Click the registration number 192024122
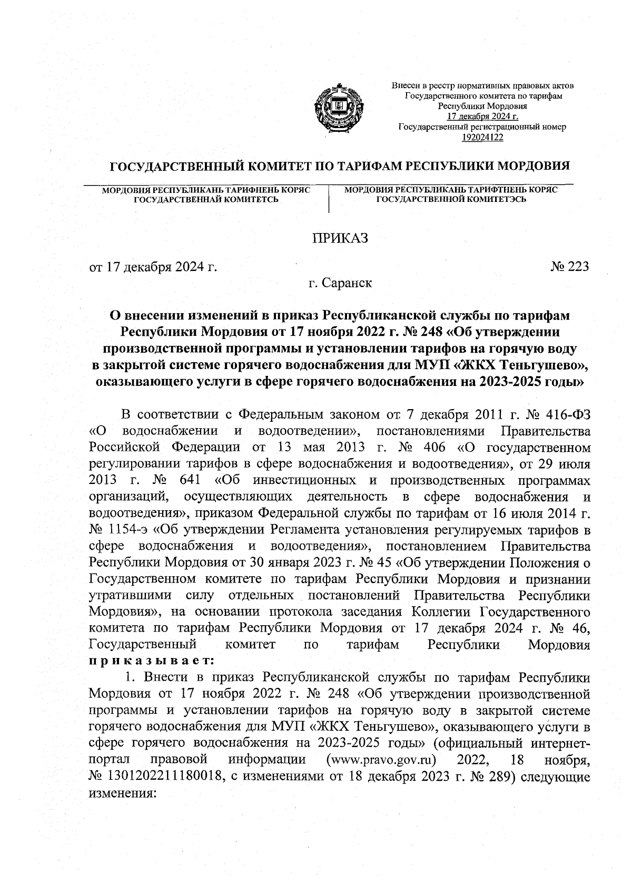click(482, 137)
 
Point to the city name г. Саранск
click(340, 283)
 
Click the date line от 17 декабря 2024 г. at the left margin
click(153, 267)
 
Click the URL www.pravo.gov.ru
click(383, 760)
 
